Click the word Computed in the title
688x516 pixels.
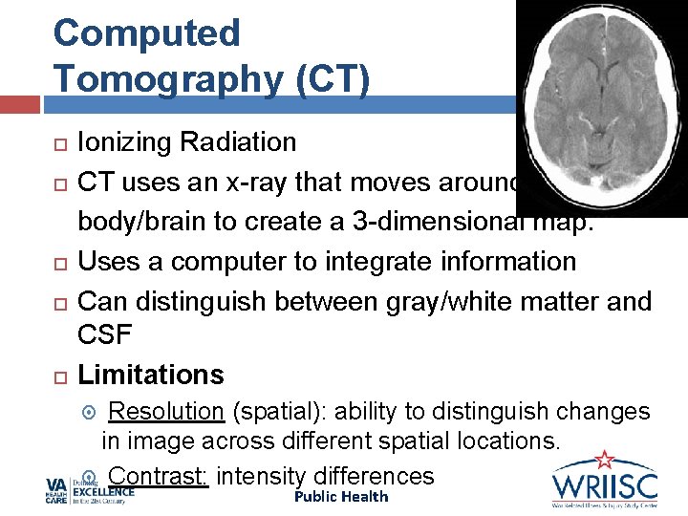tap(147, 33)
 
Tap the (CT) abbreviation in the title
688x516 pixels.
tap(327, 79)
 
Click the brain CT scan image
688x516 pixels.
tap(600, 105)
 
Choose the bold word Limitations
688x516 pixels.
tap(151, 375)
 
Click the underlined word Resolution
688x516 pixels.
tap(166, 412)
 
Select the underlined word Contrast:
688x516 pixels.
tap(160, 476)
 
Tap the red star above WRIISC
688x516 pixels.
tap(603, 460)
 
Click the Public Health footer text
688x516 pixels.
tap(341, 497)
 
